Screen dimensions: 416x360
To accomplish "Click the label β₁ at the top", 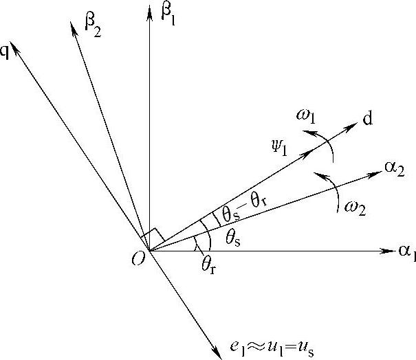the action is point(169,14).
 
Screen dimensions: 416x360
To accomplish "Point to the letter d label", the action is point(369,121).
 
